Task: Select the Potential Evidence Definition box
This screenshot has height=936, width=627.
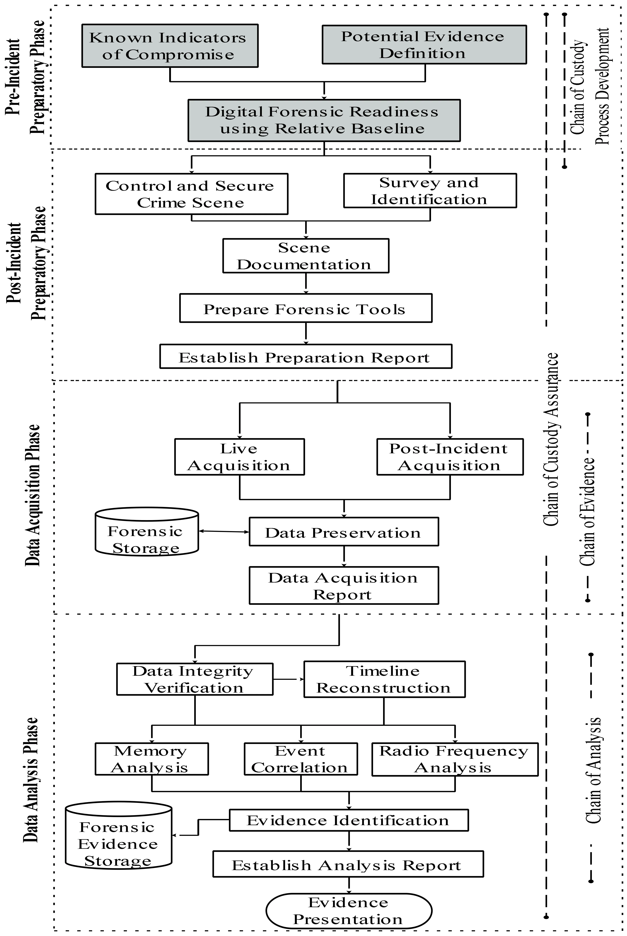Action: point(424,44)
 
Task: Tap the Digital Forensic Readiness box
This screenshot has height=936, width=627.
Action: point(324,120)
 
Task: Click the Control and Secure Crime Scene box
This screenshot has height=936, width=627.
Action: point(191,194)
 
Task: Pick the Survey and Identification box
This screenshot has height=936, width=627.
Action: point(430,191)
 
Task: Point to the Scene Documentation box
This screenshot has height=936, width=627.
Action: point(306,256)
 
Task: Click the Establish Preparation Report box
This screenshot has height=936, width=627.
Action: point(306,356)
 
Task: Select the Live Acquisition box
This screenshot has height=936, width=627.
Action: point(239,457)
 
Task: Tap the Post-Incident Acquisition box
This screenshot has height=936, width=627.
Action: point(450,457)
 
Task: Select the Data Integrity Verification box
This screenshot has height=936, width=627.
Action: point(195,679)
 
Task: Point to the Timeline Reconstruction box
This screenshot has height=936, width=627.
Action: point(384,679)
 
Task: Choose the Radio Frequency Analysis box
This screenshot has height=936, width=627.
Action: point(455,759)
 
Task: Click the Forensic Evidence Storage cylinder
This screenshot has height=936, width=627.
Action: point(119,840)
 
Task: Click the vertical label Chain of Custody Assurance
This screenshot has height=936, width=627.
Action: point(551,440)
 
